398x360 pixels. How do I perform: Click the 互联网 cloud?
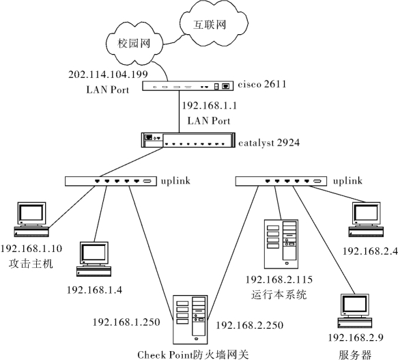tap(214, 24)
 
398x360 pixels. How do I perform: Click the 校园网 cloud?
tap(134, 42)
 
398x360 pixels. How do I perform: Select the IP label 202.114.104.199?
tap(108, 74)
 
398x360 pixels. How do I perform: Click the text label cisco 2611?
tap(262, 84)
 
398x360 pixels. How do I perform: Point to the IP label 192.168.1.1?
tap(210, 105)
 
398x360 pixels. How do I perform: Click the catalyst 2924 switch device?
tap(188, 140)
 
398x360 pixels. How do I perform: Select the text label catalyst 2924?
tap(269, 143)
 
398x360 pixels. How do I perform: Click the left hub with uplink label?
tap(111, 181)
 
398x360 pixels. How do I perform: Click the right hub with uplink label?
tap(281, 181)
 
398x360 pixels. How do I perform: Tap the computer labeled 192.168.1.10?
tap(31, 219)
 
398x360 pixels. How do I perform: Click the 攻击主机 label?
tap(31, 264)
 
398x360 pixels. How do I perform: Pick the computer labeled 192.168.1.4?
tap(94, 259)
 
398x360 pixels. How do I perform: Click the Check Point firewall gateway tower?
tap(190, 319)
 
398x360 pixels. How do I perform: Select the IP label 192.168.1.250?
tap(126, 322)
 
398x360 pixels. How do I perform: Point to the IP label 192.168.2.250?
tap(249, 325)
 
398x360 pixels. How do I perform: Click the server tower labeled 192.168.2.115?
tap(281, 244)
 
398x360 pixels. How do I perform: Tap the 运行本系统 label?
tap(279, 294)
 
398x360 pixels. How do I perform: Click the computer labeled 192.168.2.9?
tap(355, 311)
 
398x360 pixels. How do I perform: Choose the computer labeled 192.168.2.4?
tap(366, 219)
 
